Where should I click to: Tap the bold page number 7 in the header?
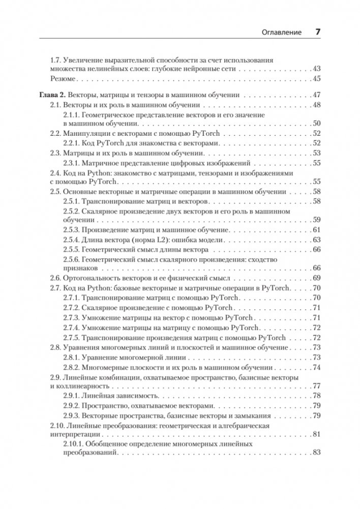tap(317, 32)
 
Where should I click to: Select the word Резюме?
tap(64, 78)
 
